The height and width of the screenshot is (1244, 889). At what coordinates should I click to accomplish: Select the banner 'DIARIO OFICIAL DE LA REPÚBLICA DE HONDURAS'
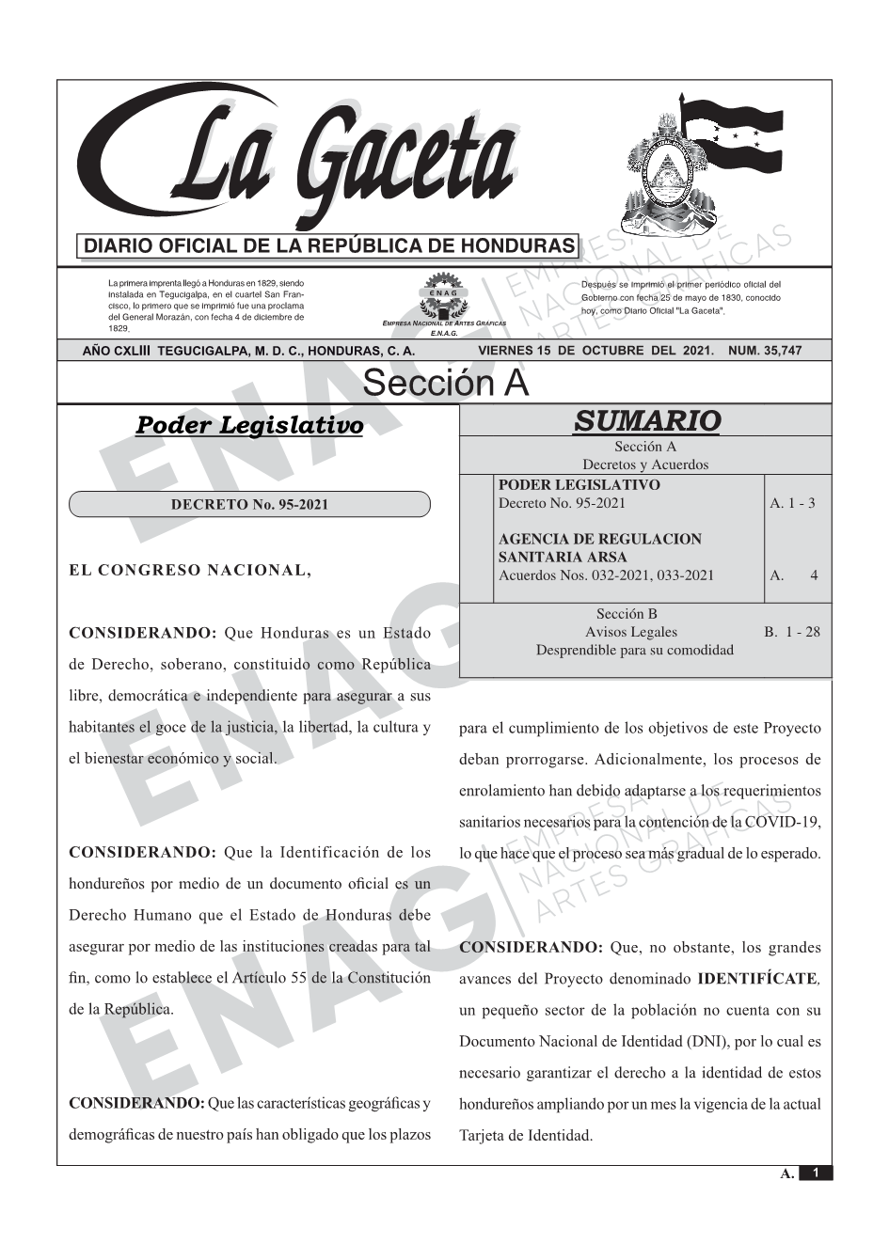click(328, 246)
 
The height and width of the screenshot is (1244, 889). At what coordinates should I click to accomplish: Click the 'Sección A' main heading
click(445, 383)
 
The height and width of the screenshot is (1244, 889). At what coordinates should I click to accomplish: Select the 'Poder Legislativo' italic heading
click(249, 425)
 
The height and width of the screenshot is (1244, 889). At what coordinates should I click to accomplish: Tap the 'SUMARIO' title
click(646, 420)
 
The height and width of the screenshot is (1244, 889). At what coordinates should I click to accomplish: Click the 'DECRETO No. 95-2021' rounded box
click(249, 505)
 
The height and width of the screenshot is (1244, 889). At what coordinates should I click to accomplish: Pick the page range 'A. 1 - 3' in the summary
click(792, 503)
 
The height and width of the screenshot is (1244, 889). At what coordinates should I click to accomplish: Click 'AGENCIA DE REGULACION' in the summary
click(599, 539)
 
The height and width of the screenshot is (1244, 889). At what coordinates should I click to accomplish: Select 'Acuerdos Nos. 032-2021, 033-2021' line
click(606, 575)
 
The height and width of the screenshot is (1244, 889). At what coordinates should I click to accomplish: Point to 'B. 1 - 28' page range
click(791, 632)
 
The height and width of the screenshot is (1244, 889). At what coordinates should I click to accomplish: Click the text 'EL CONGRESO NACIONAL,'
click(190, 570)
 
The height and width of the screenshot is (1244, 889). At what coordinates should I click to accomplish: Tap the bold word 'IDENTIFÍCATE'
click(757, 978)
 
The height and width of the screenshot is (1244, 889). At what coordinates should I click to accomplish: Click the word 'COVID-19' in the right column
click(783, 823)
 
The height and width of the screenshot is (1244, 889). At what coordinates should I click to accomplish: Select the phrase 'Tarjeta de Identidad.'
click(526, 1135)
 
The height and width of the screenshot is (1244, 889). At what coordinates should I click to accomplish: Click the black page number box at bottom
click(816, 1173)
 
